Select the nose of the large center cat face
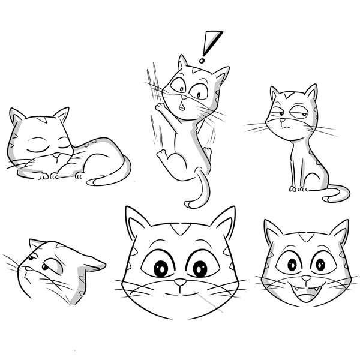click(181, 281)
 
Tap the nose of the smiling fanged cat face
click(307, 278)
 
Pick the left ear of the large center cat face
click(137, 223)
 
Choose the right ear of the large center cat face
click(224, 223)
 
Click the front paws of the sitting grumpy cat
click(297, 189)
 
